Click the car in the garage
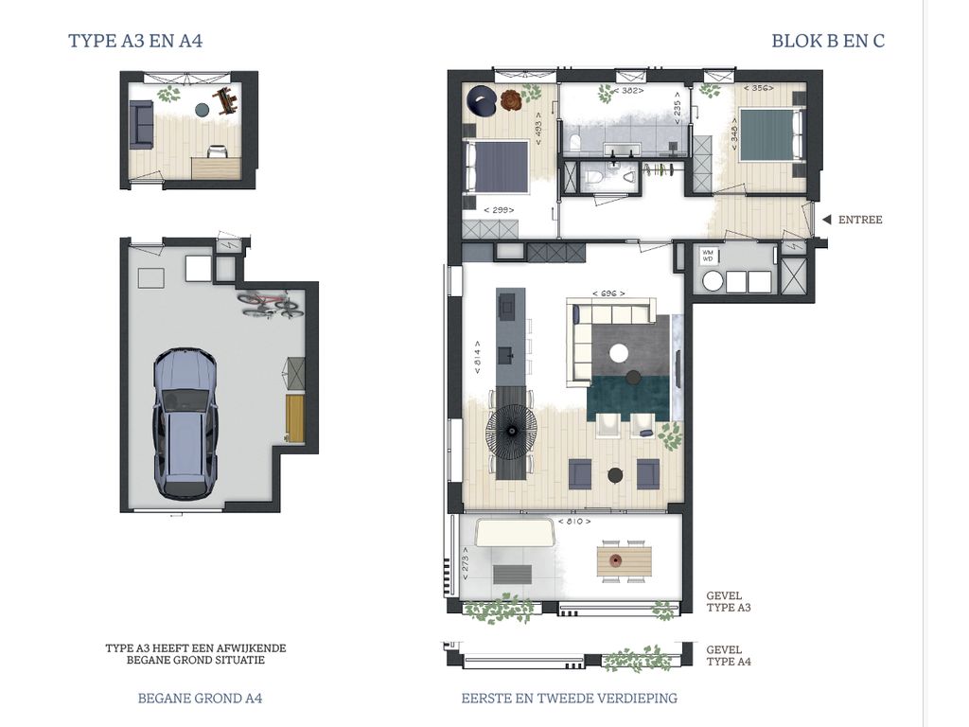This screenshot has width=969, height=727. (x=185, y=423)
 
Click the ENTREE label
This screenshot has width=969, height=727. (x=859, y=220)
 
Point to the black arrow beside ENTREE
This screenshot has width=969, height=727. (x=826, y=220)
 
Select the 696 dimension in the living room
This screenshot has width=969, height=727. (x=608, y=293)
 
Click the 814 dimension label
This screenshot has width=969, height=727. (x=478, y=357)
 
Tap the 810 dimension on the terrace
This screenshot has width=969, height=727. (x=574, y=522)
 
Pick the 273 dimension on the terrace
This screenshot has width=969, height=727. (x=466, y=564)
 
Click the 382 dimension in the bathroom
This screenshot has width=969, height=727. (x=628, y=90)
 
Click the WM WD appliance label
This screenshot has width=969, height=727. (x=708, y=256)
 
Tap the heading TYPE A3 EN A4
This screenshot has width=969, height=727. (x=135, y=41)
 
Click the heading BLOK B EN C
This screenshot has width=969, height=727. (x=828, y=41)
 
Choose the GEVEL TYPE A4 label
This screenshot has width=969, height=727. (x=729, y=655)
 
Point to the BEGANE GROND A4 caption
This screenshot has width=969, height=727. (x=200, y=699)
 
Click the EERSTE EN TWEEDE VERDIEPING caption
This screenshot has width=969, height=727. (x=569, y=699)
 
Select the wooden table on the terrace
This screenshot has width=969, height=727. (x=625, y=560)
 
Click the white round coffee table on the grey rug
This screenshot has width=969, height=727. (x=619, y=354)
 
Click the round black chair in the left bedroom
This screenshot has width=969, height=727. (x=481, y=100)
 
